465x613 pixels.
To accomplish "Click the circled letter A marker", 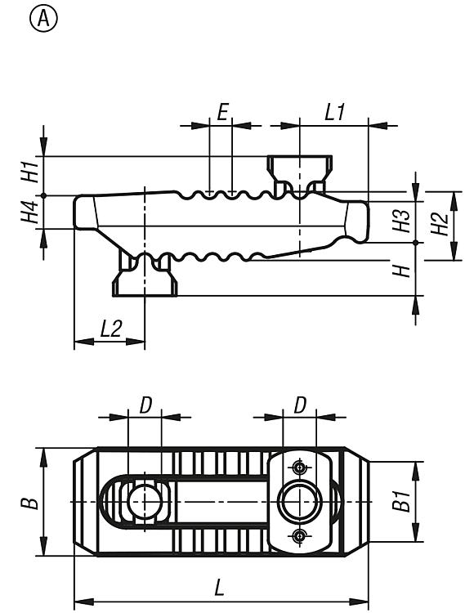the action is [43, 19].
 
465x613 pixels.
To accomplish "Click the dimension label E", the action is [222, 113].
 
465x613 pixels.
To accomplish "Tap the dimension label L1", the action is [334, 113].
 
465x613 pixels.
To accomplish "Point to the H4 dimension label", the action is [30, 212].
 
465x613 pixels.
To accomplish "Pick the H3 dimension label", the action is [401, 221].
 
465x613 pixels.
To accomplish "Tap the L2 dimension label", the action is [111, 329].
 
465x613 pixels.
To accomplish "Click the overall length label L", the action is [220, 588].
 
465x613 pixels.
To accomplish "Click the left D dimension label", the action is [145, 405].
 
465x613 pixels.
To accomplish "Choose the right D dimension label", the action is [300, 405].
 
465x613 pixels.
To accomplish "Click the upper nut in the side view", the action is [300, 173].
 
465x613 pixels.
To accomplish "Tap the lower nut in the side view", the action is [145, 275].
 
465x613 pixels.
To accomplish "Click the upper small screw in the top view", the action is [300, 467].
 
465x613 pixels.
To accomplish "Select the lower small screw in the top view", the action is [300, 536].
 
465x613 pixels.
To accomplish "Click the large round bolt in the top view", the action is [300, 502].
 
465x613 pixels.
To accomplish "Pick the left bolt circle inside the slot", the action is [145, 502].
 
